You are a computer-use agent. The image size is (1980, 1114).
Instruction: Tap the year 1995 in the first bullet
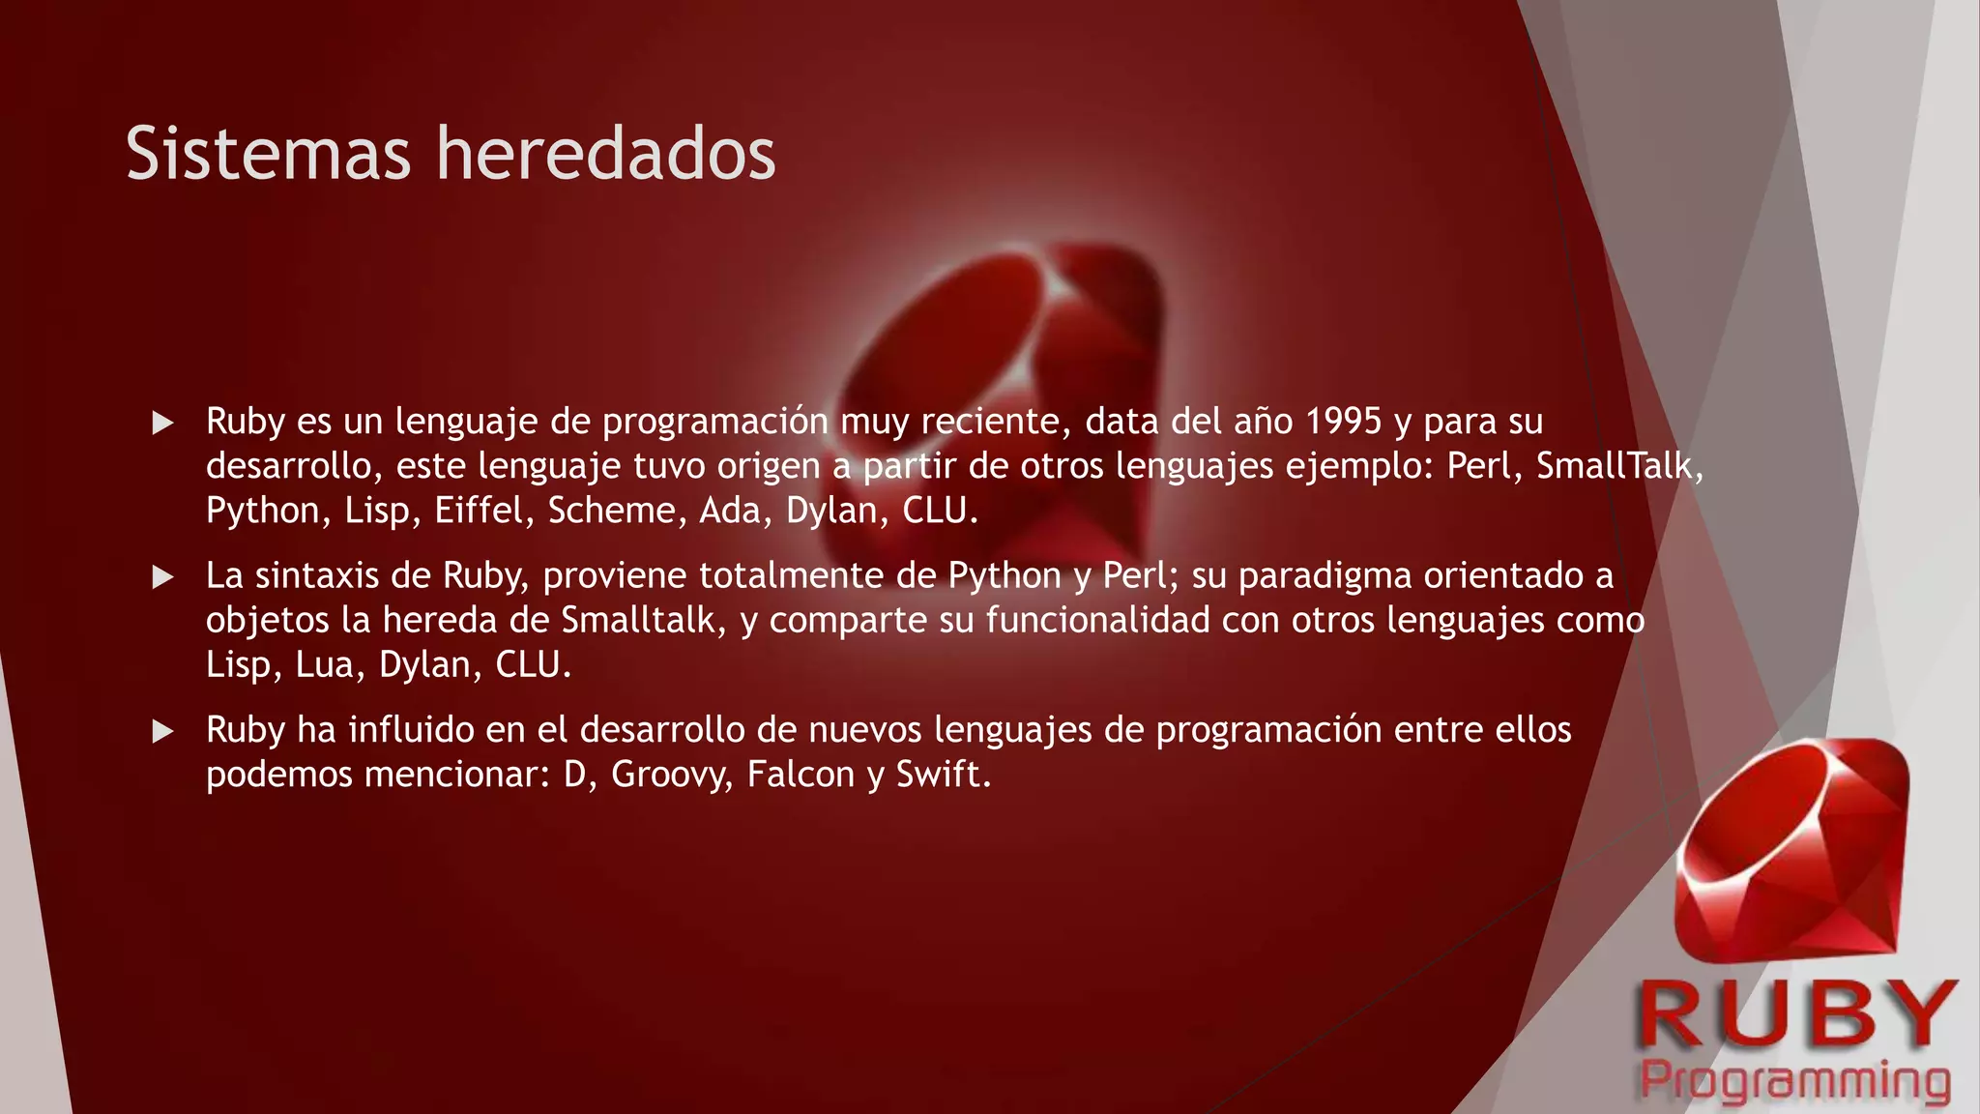point(1344,422)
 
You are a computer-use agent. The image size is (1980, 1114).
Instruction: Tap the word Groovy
point(672,775)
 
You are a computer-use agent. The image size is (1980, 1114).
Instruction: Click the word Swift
point(944,775)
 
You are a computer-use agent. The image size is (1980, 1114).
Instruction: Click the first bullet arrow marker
point(163,423)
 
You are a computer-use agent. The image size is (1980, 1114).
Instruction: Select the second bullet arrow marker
point(163,577)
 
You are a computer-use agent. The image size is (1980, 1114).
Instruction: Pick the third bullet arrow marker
point(163,731)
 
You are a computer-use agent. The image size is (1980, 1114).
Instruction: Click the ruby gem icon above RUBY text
point(1793,851)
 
